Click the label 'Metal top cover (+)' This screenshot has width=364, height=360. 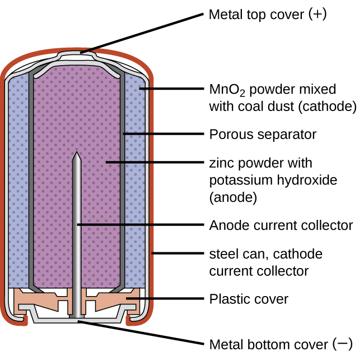[267, 14]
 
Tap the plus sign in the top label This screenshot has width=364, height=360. [317, 14]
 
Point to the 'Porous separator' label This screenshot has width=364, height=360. [263, 135]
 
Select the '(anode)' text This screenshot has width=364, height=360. [232, 197]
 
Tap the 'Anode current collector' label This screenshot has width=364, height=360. [281, 225]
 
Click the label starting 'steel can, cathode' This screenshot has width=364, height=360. [265, 254]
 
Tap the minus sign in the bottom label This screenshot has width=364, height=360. [343, 343]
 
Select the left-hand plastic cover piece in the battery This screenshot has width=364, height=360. [36, 302]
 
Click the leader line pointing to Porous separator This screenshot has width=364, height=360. [162, 134]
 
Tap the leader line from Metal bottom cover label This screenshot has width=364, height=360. [140, 333]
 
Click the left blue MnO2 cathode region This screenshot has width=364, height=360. [18, 185]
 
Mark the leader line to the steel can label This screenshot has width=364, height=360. [176, 253]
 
